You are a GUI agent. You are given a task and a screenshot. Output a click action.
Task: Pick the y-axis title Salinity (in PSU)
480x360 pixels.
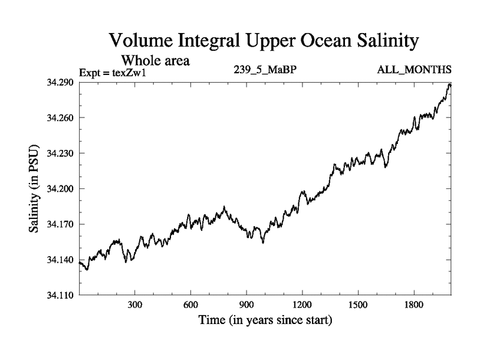coord(35,189)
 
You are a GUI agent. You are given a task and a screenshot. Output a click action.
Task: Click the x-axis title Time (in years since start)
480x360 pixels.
coord(265,320)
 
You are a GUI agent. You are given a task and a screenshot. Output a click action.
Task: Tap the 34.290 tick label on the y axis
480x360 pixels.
coord(60,82)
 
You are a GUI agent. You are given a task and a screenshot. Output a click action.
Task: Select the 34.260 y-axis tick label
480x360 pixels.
coord(60,118)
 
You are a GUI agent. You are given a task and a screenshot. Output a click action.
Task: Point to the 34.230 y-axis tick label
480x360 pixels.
coord(60,153)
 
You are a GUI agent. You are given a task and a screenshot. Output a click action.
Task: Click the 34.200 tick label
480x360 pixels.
coord(60,188)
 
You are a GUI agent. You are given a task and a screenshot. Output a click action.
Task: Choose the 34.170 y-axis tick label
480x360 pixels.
coord(60,224)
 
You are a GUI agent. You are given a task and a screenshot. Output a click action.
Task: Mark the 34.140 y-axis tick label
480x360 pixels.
coord(60,260)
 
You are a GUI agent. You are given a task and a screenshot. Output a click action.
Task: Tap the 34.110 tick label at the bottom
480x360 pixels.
coord(60,295)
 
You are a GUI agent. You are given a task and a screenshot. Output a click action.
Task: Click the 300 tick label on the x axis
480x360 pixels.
coord(135,305)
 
